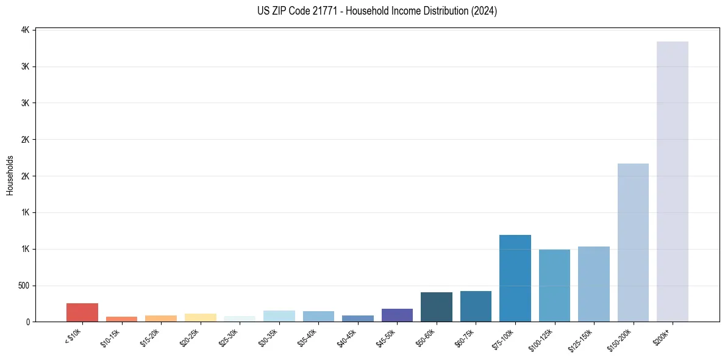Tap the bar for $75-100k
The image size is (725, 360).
[x=515, y=278]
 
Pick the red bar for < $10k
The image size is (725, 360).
[x=82, y=312]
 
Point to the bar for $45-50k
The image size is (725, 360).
[x=397, y=315]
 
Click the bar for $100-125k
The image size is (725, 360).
[x=554, y=286]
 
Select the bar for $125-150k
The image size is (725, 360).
[x=593, y=284]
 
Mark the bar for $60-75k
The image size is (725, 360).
[x=476, y=306]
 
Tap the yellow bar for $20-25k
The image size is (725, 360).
[x=200, y=317]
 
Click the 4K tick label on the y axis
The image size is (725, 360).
[x=25, y=30]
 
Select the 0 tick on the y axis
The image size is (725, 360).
[x=28, y=322]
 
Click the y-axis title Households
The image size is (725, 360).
[x=10, y=175]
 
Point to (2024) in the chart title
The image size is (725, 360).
[x=484, y=11]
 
